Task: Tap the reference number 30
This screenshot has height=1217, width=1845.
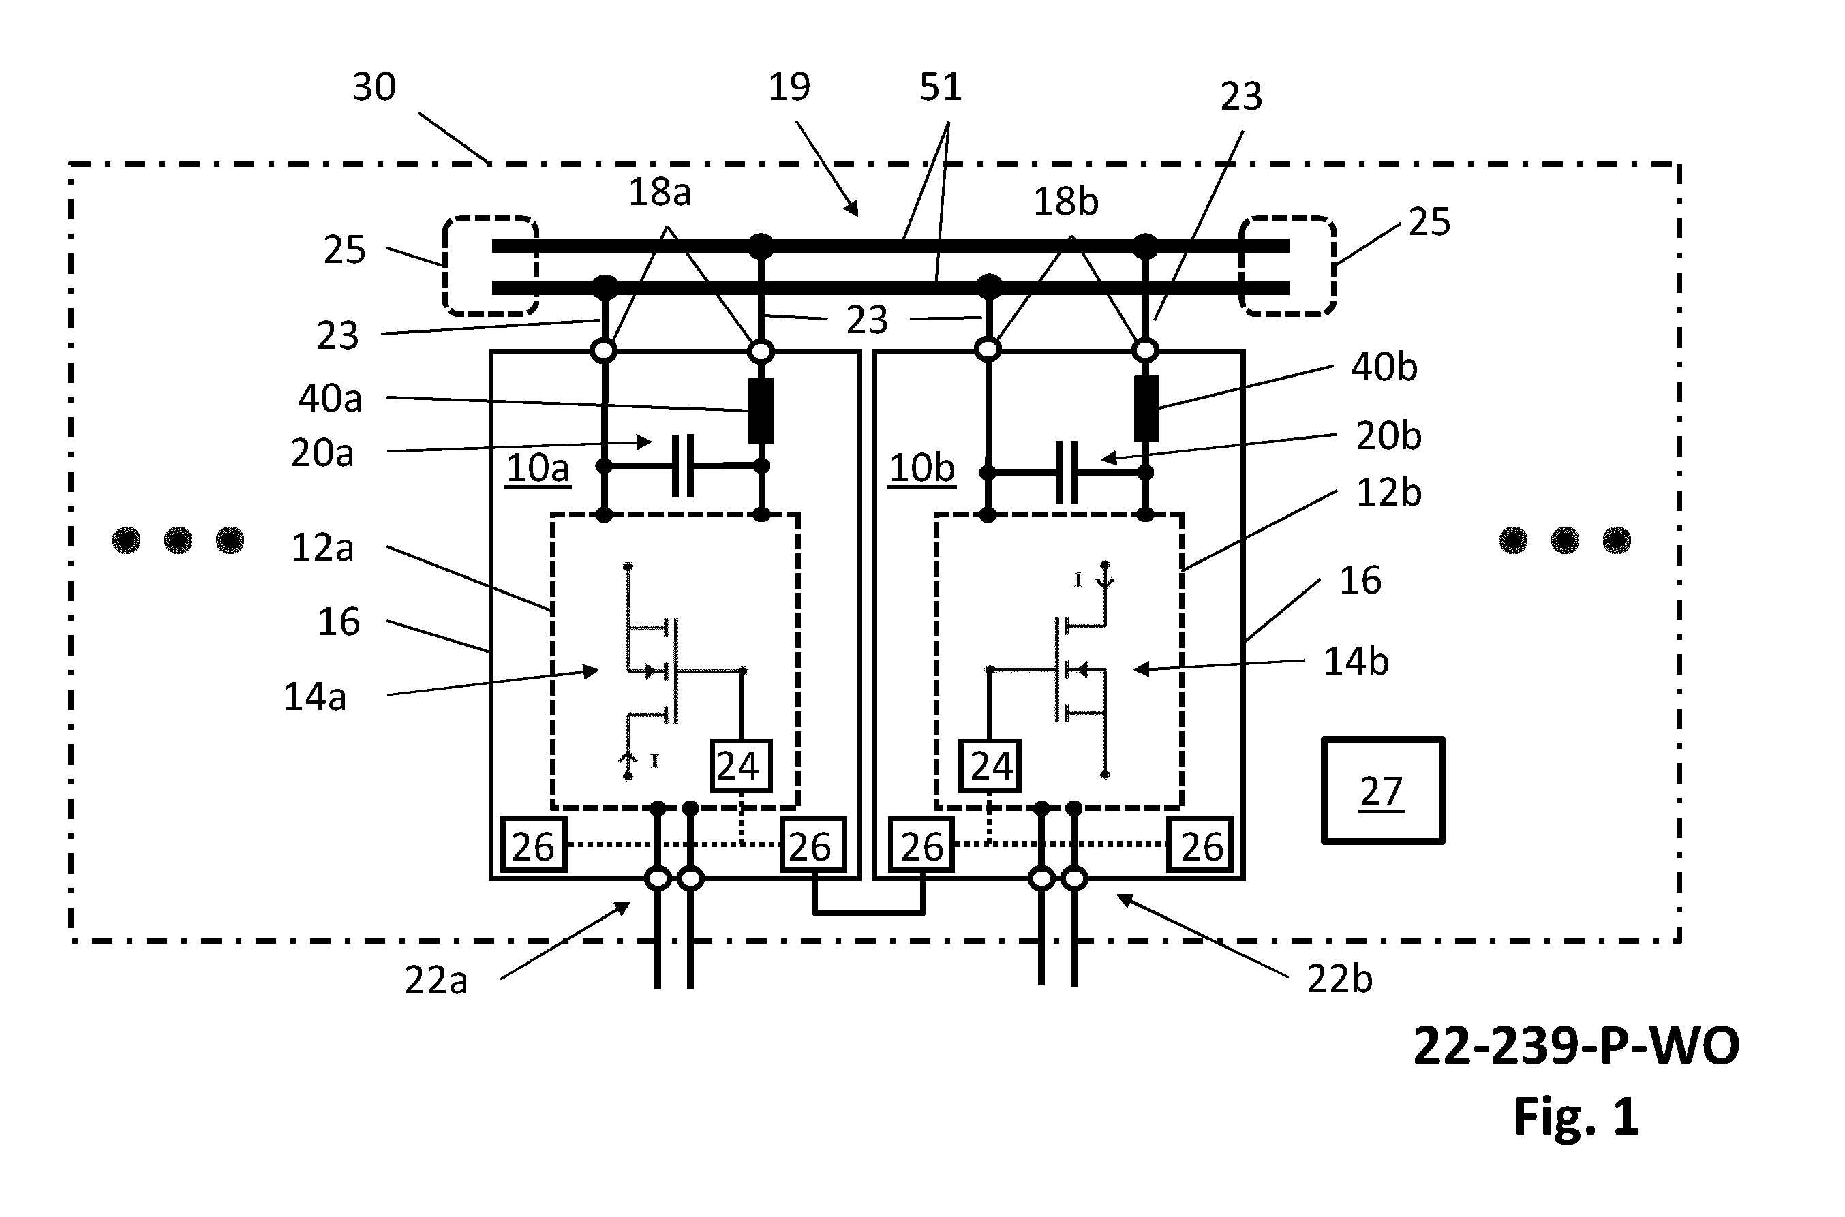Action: click(x=374, y=87)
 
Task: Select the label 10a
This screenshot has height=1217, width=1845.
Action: click(x=538, y=468)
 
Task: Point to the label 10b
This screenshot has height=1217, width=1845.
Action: click(x=921, y=468)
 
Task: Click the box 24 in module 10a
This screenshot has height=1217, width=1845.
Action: click(x=742, y=766)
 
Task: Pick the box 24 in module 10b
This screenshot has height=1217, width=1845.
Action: click(x=990, y=766)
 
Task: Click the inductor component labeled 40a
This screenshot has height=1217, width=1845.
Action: click(x=761, y=411)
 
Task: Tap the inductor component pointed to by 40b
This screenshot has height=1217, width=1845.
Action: click(x=1146, y=408)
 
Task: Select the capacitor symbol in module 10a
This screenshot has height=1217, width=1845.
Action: click(x=683, y=465)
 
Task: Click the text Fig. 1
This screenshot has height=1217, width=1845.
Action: click(x=1576, y=1117)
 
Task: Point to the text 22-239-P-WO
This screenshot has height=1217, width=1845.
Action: click(x=1576, y=1045)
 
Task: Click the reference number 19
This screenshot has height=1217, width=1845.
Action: click(x=789, y=87)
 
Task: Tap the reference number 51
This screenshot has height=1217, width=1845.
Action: click(x=941, y=87)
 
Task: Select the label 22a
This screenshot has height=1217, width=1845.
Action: click(x=436, y=981)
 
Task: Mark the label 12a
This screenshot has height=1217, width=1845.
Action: click(x=322, y=548)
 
